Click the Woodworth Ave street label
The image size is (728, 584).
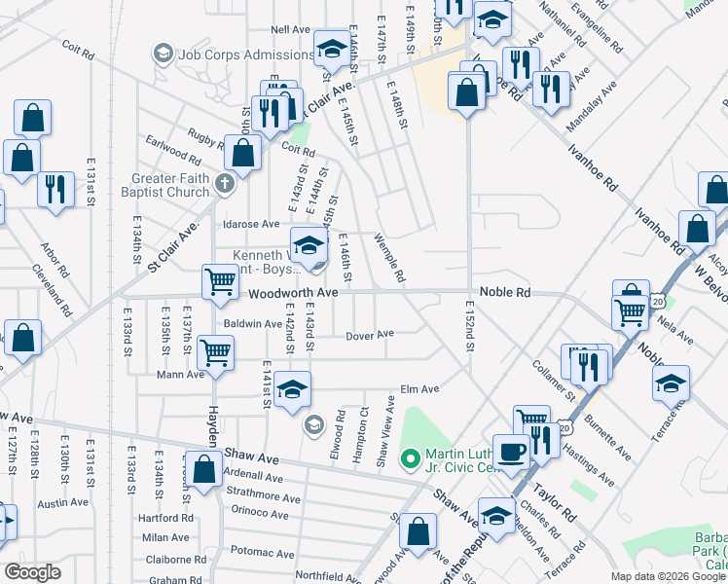[292, 292]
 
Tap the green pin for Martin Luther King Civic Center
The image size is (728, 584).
[410, 456]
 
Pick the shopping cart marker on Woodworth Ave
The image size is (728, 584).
[220, 281]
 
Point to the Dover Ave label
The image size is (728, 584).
[370, 334]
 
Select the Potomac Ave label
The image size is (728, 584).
[257, 552]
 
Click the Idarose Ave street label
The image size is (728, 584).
[252, 224]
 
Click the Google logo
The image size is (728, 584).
[32, 572]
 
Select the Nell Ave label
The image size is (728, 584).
[291, 30]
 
